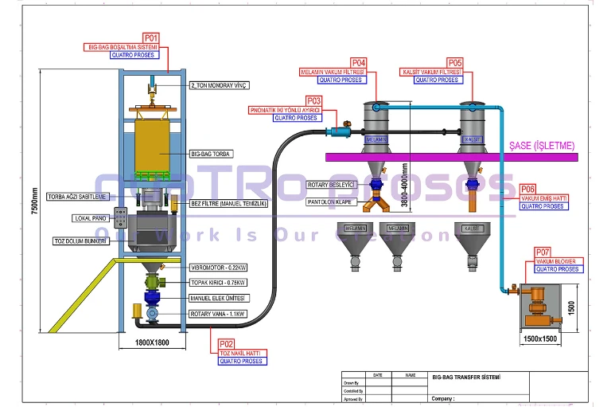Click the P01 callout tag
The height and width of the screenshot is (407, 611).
150,37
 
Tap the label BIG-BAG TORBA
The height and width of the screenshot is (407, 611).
211,152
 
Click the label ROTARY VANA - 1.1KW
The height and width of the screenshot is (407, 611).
217,314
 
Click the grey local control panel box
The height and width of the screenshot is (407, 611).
123,218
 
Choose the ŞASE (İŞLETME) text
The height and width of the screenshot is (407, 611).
541,145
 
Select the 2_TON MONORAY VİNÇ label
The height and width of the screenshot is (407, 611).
218,85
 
